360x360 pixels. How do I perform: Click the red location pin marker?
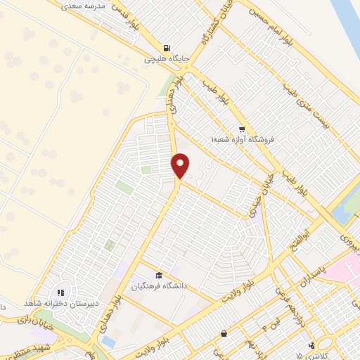coord(181,166)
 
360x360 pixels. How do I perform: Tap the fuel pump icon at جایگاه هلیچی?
coord(165,48)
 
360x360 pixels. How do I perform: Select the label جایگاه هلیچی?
coord(165,60)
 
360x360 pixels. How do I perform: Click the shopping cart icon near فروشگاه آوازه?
coord(242,129)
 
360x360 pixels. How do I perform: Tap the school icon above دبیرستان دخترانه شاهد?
coord(60,291)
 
